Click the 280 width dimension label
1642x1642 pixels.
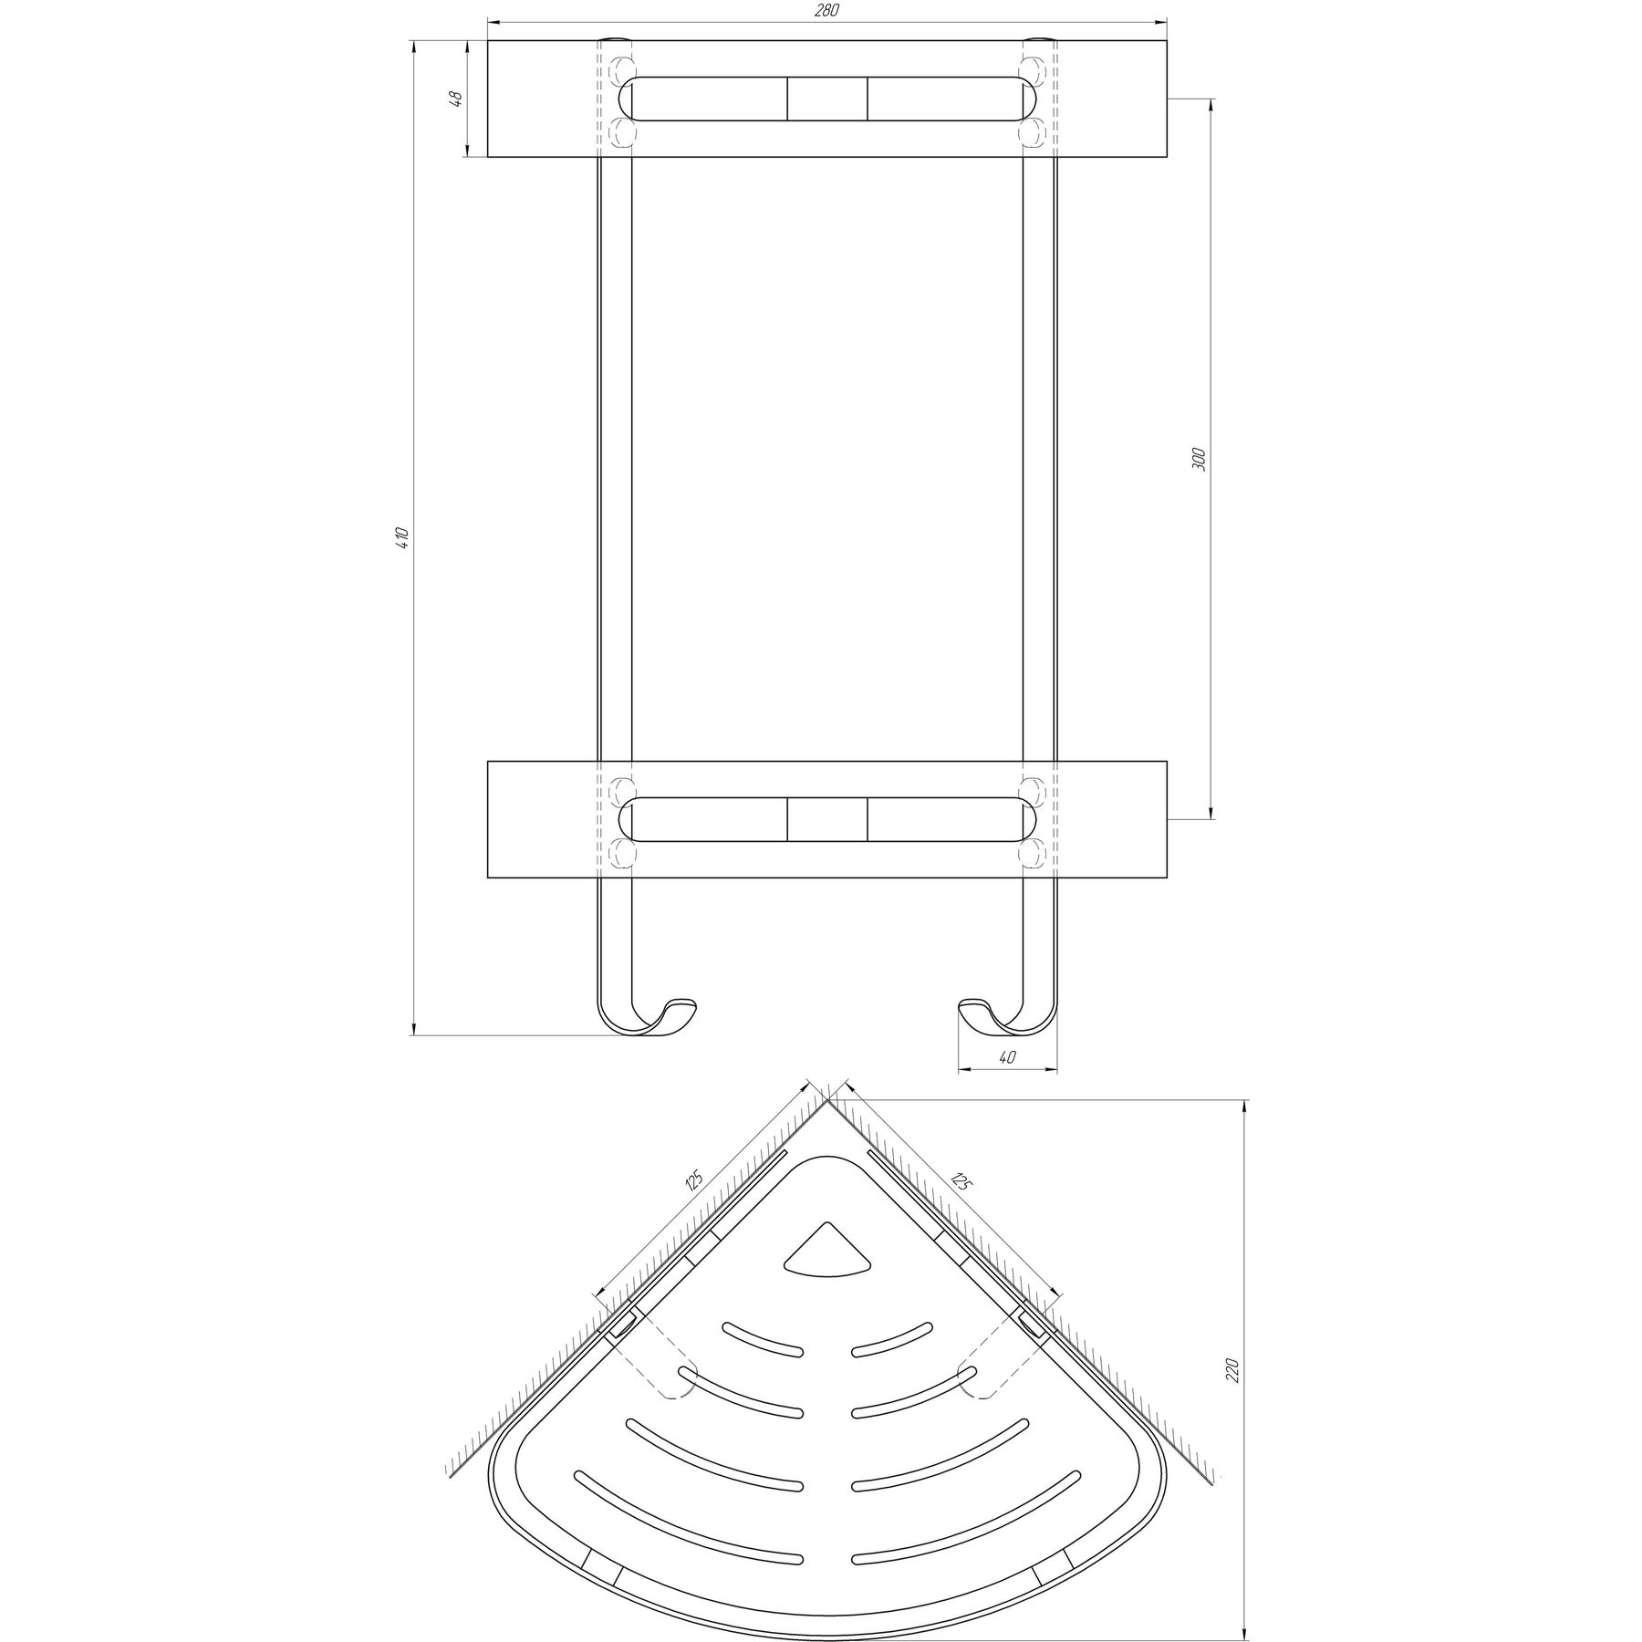pos(827,11)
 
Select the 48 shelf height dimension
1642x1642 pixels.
pos(459,98)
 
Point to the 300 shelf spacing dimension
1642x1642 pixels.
pos(1200,459)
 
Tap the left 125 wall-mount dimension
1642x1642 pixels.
pos(695,1182)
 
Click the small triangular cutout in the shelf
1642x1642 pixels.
pos(827,1254)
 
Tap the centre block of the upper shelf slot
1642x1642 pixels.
pos(826,99)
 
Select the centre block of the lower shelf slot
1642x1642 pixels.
pos(826,819)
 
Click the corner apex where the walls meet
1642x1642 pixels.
pos(827,1100)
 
